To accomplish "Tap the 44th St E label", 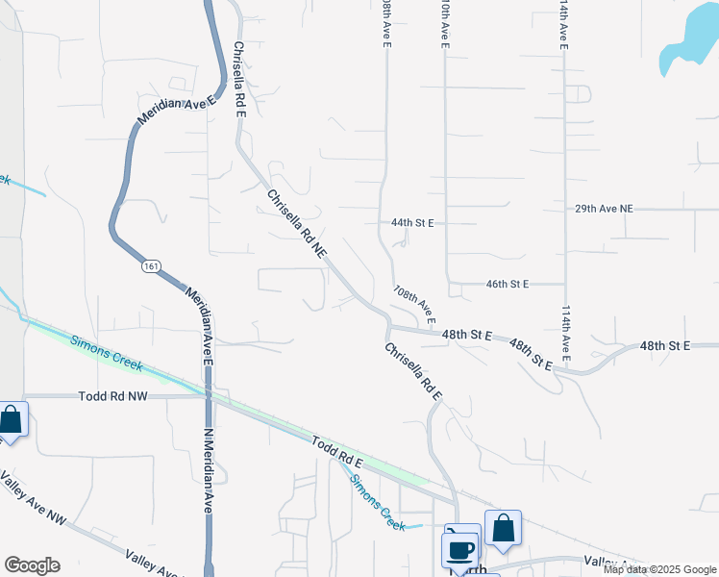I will coord(412,222).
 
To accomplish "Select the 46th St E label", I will coord(508,285).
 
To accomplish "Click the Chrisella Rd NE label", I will coord(298,224).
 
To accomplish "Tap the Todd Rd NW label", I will coord(112,395).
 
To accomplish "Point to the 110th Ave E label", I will coord(445,24).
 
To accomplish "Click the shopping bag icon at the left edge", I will coord(11,420).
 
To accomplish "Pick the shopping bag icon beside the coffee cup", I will coord(503,528).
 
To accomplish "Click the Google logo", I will coord(32,565).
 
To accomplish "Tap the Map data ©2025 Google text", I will coord(659,569).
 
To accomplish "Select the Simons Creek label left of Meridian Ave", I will coord(106,353).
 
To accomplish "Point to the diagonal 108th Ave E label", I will coord(414,304).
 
